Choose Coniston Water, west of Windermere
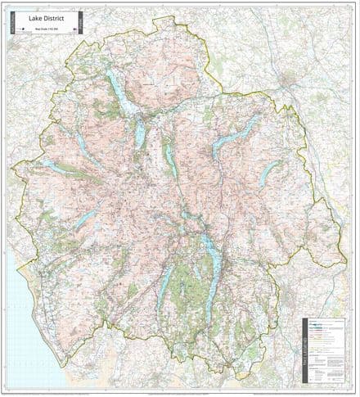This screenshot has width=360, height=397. coord(166,282)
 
